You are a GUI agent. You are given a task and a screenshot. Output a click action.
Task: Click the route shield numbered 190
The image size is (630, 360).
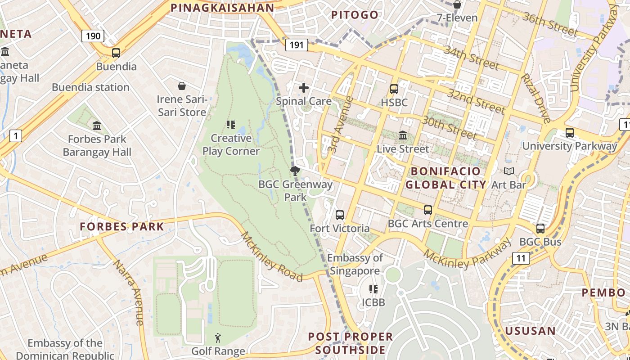pos(93,36)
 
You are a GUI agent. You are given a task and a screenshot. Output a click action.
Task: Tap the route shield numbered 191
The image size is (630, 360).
pos(297,45)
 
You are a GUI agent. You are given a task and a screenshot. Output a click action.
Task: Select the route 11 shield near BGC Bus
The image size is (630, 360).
pos(521,258)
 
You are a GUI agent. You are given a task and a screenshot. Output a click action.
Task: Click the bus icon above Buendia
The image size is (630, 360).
pos(116,53)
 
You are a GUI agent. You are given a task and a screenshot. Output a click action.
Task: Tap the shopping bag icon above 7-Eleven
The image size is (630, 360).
pos(457,5)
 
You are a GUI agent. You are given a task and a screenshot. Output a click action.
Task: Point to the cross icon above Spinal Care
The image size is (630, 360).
pos(304,87)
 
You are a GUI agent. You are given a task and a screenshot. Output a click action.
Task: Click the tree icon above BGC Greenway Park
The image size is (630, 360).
pos(295,171)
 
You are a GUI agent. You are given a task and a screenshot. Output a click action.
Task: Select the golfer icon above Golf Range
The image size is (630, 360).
pos(218,337)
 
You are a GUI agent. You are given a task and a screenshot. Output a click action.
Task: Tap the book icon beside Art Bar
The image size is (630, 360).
pos(509,171)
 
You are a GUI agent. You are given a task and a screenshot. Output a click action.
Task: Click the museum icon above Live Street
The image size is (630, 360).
pos(403,135)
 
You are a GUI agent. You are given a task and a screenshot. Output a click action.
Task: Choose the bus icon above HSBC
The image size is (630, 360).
pos(394,89)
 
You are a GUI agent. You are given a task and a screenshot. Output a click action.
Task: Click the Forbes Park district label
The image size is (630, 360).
pos(122,226)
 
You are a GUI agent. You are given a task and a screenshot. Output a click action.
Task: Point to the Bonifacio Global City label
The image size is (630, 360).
pos(446,178)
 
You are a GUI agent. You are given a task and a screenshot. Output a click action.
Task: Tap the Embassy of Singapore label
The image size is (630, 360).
pos(355,264)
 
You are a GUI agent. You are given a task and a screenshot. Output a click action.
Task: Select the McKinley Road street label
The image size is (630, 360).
pos(271,256)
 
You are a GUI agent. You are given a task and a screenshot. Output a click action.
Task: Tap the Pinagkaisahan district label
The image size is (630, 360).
pos(222,8)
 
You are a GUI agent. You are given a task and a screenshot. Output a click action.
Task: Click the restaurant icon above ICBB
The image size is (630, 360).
pos(373,289)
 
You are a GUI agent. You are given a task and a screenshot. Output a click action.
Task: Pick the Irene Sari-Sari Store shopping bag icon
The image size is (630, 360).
pos(182,85)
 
